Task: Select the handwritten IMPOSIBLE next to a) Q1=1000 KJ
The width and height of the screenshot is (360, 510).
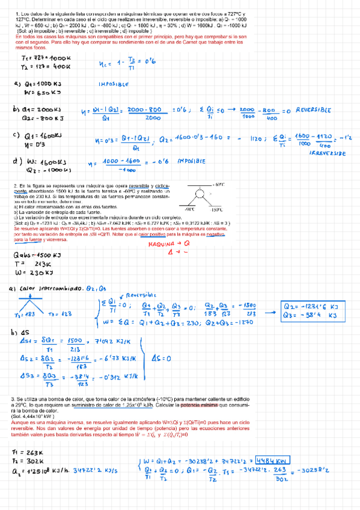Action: click(x=113, y=85)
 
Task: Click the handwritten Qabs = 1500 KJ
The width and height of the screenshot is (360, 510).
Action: click(x=37, y=255)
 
